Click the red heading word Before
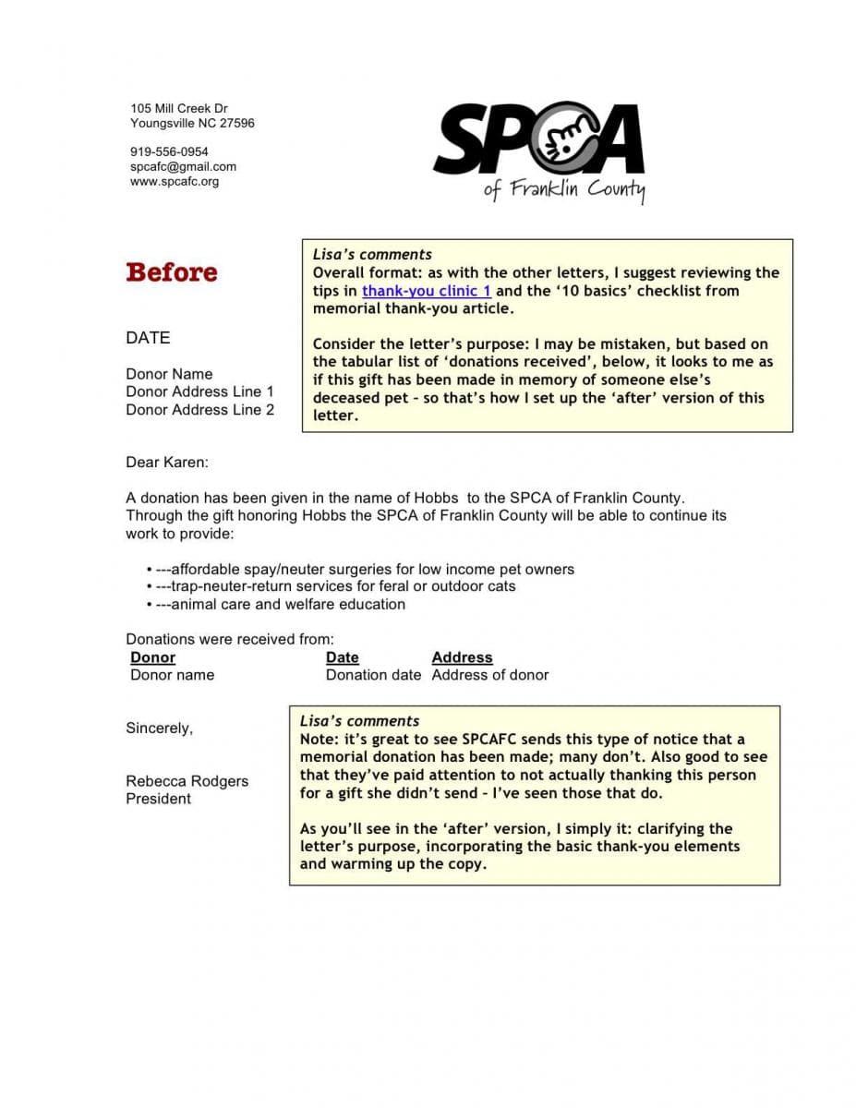pos(172,272)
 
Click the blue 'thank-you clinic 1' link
pos(426,291)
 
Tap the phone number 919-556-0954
pos(169,151)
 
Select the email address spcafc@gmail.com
pos(183,166)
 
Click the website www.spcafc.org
pos(175,181)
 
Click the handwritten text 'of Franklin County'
pos(564,189)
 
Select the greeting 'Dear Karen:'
pos(167,463)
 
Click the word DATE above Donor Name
pos(148,338)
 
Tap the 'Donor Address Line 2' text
pos(199,410)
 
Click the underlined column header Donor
pos(152,657)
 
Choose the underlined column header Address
pos(462,657)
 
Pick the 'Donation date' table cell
pos(373,675)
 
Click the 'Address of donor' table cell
pos(489,675)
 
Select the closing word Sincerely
pos(159,729)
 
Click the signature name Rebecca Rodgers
pos(187,781)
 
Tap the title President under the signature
pos(158,799)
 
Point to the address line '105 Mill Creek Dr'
pos(179,109)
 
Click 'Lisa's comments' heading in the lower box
pos(359,721)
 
